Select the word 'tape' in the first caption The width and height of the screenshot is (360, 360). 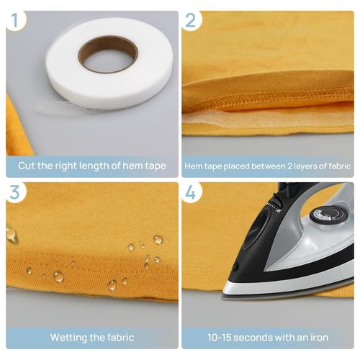click(153, 166)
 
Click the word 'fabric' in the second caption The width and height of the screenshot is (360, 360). click(335, 166)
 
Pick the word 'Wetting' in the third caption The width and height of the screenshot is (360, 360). click(69, 337)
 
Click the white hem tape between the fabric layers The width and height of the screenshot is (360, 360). click(216, 114)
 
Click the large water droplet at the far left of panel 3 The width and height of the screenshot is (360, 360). click(12, 234)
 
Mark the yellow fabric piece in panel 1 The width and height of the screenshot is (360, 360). click(18, 126)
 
